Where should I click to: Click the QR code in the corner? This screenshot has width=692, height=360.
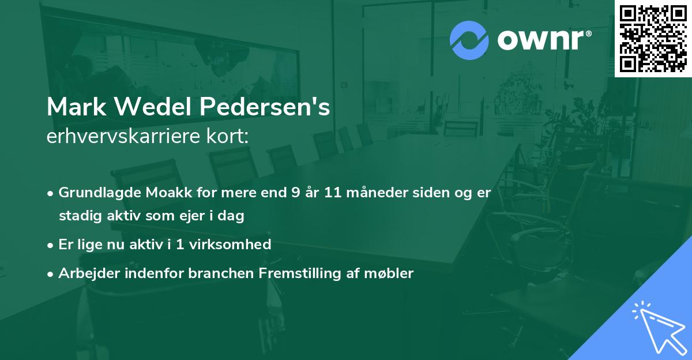coord(653,38)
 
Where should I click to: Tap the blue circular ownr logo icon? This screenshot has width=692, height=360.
coord(469,40)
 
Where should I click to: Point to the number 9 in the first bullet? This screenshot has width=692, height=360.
coord(296,193)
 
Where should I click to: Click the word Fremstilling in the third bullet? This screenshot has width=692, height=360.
coord(294,273)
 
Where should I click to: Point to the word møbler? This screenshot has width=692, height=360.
coord(392,273)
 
